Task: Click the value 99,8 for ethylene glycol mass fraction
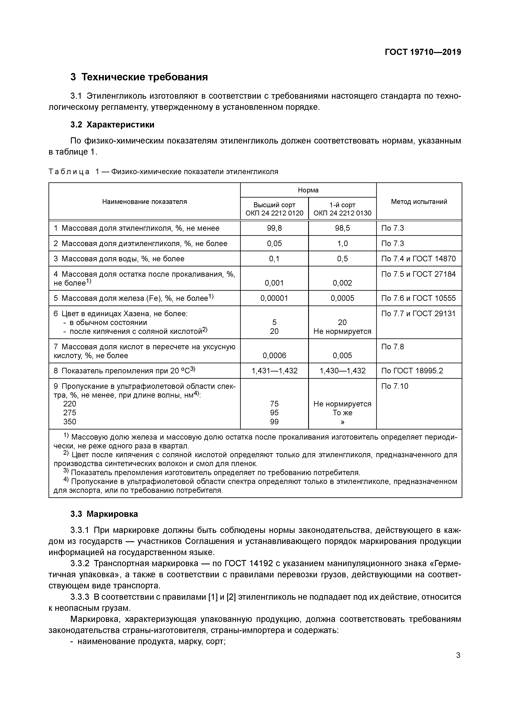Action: click(274, 228)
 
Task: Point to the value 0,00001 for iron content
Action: click(274, 298)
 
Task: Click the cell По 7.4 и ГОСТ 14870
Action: click(418, 259)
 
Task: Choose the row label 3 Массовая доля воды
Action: click(119, 259)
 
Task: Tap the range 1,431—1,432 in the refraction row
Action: click(274, 371)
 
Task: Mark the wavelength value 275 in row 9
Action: click(70, 413)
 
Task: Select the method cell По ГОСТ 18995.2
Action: click(412, 371)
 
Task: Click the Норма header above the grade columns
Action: click(308, 190)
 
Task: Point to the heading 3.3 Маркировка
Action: click(104, 514)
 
